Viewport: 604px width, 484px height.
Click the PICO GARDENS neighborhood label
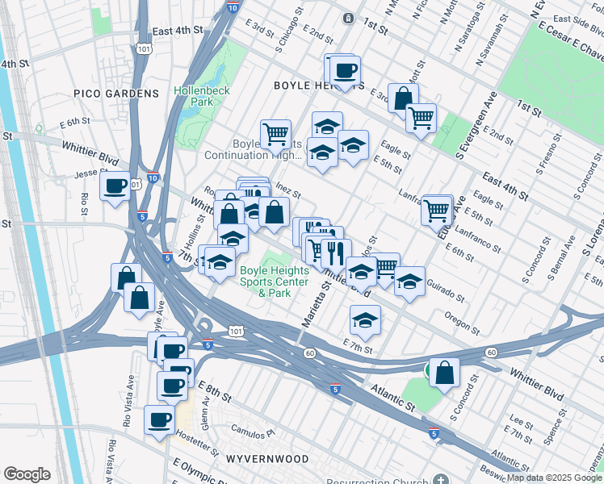pyautogui.click(x=116, y=94)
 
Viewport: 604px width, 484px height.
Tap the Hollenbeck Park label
pyautogui.click(x=202, y=96)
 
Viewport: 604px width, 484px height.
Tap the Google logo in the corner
pyautogui.click(x=27, y=474)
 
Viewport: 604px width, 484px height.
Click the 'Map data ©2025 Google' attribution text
pyautogui.click(x=554, y=478)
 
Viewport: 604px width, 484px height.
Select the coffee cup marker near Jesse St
pyautogui.click(x=115, y=186)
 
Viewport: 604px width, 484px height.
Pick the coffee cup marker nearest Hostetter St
pyautogui.click(x=159, y=419)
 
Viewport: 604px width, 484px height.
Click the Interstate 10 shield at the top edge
pyautogui.click(x=232, y=7)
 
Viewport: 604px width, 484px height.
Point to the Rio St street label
pyautogui.click(x=84, y=204)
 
